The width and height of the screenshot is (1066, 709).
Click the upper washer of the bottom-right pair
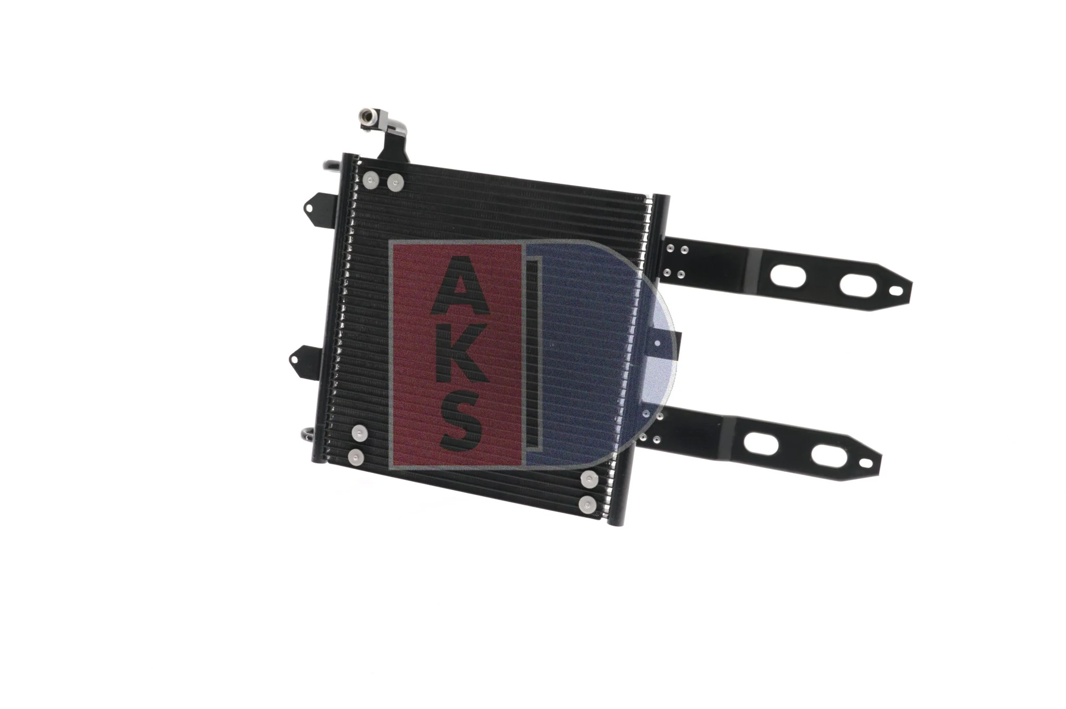(x=589, y=479)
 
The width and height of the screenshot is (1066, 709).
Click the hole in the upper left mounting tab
(x=311, y=205)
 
